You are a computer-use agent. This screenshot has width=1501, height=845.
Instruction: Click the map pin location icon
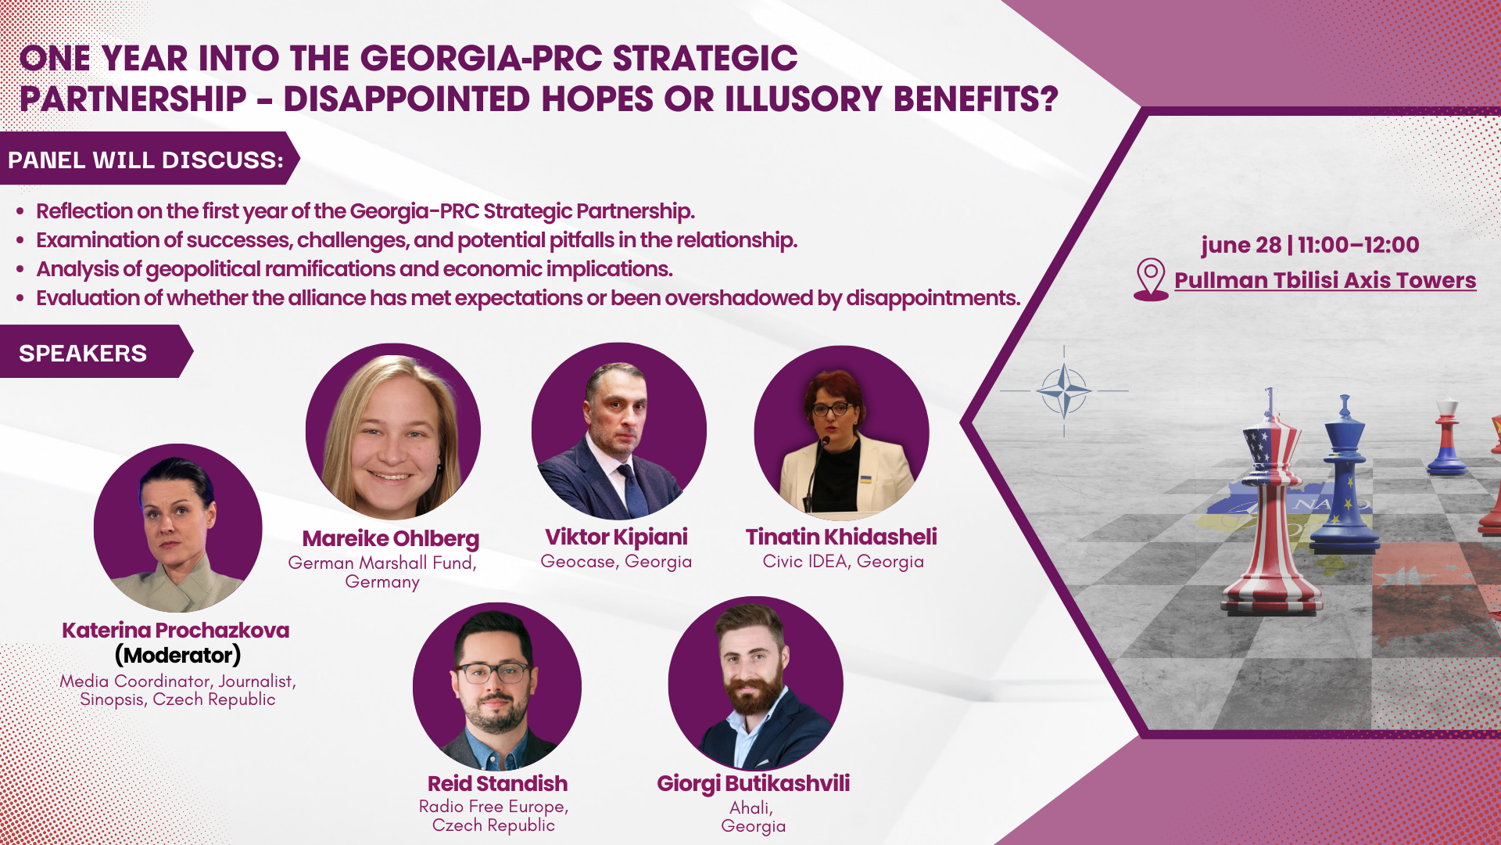1151,279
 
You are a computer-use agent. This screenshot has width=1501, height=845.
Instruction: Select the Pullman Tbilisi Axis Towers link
1325,280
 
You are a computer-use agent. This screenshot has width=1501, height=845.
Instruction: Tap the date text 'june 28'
1241,245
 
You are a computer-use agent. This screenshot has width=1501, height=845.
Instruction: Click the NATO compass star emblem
1064,390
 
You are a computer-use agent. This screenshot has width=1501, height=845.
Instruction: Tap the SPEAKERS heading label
83,353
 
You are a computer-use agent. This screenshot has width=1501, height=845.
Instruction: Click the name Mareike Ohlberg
391,538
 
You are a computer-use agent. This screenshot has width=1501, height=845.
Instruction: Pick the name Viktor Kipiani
616,537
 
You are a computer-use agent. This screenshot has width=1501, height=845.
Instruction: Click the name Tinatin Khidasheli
841,537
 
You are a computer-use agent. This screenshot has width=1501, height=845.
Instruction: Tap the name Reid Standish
498,783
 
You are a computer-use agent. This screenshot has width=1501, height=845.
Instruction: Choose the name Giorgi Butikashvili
753,783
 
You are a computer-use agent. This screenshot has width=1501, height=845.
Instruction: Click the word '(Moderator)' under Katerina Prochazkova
177,655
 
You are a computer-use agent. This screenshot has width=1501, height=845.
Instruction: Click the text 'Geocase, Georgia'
616,562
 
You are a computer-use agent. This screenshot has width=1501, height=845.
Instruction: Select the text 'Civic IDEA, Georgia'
843,562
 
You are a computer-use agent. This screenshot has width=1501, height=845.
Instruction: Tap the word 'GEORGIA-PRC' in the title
480,59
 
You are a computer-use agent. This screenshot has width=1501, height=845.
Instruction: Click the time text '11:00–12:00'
1359,245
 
